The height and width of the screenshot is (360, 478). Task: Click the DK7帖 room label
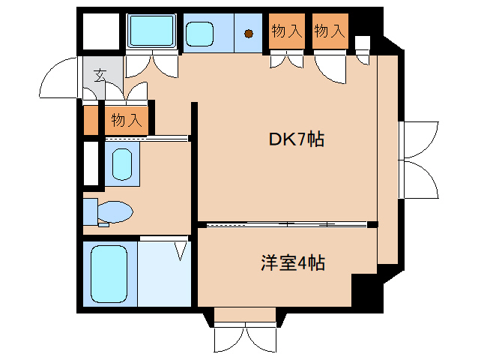point(297,139)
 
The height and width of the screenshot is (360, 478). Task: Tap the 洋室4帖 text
point(292,263)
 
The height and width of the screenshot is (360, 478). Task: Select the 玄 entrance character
point(100,75)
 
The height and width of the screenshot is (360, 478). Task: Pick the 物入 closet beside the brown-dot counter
point(286,31)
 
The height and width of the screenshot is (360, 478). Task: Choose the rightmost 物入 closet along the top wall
point(330,31)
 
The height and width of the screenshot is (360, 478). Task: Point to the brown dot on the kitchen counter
point(248,32)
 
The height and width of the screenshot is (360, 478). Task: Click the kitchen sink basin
point(201,33)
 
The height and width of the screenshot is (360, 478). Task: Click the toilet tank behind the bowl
point(90,211)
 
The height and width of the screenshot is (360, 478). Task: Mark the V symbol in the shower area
point(181,250)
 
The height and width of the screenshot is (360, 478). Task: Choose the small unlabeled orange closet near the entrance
point(91,120)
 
